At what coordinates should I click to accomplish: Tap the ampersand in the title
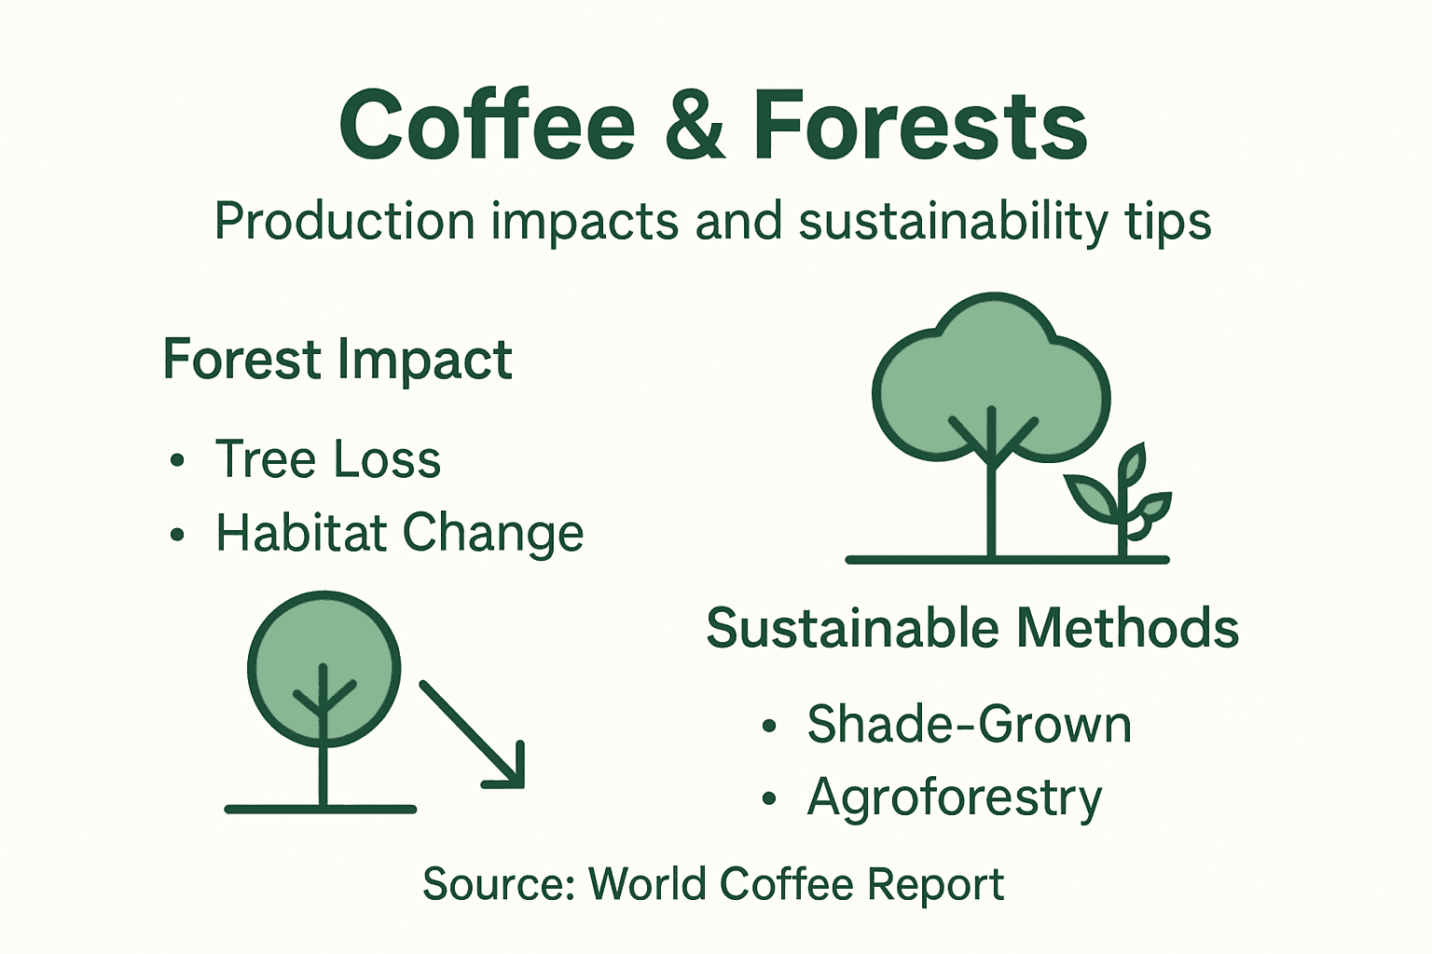(x=694, y=127)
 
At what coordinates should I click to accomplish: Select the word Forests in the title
(x=919, y=127)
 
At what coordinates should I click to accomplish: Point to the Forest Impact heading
(x=337, y=360)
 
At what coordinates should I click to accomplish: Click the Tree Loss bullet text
(x=327, y=459)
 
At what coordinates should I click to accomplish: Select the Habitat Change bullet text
(x=399, y=533)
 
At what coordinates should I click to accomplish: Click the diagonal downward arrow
(x=475, y=737)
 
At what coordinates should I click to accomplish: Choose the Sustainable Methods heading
(x=971, y=629)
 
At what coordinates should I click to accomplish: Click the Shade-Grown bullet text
(x=969, y=725)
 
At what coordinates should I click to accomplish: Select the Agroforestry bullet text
(x=954, y=798)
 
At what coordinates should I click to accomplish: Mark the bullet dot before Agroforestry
(x=769, y=798)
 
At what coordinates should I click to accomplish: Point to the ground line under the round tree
(x=321, y=809)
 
